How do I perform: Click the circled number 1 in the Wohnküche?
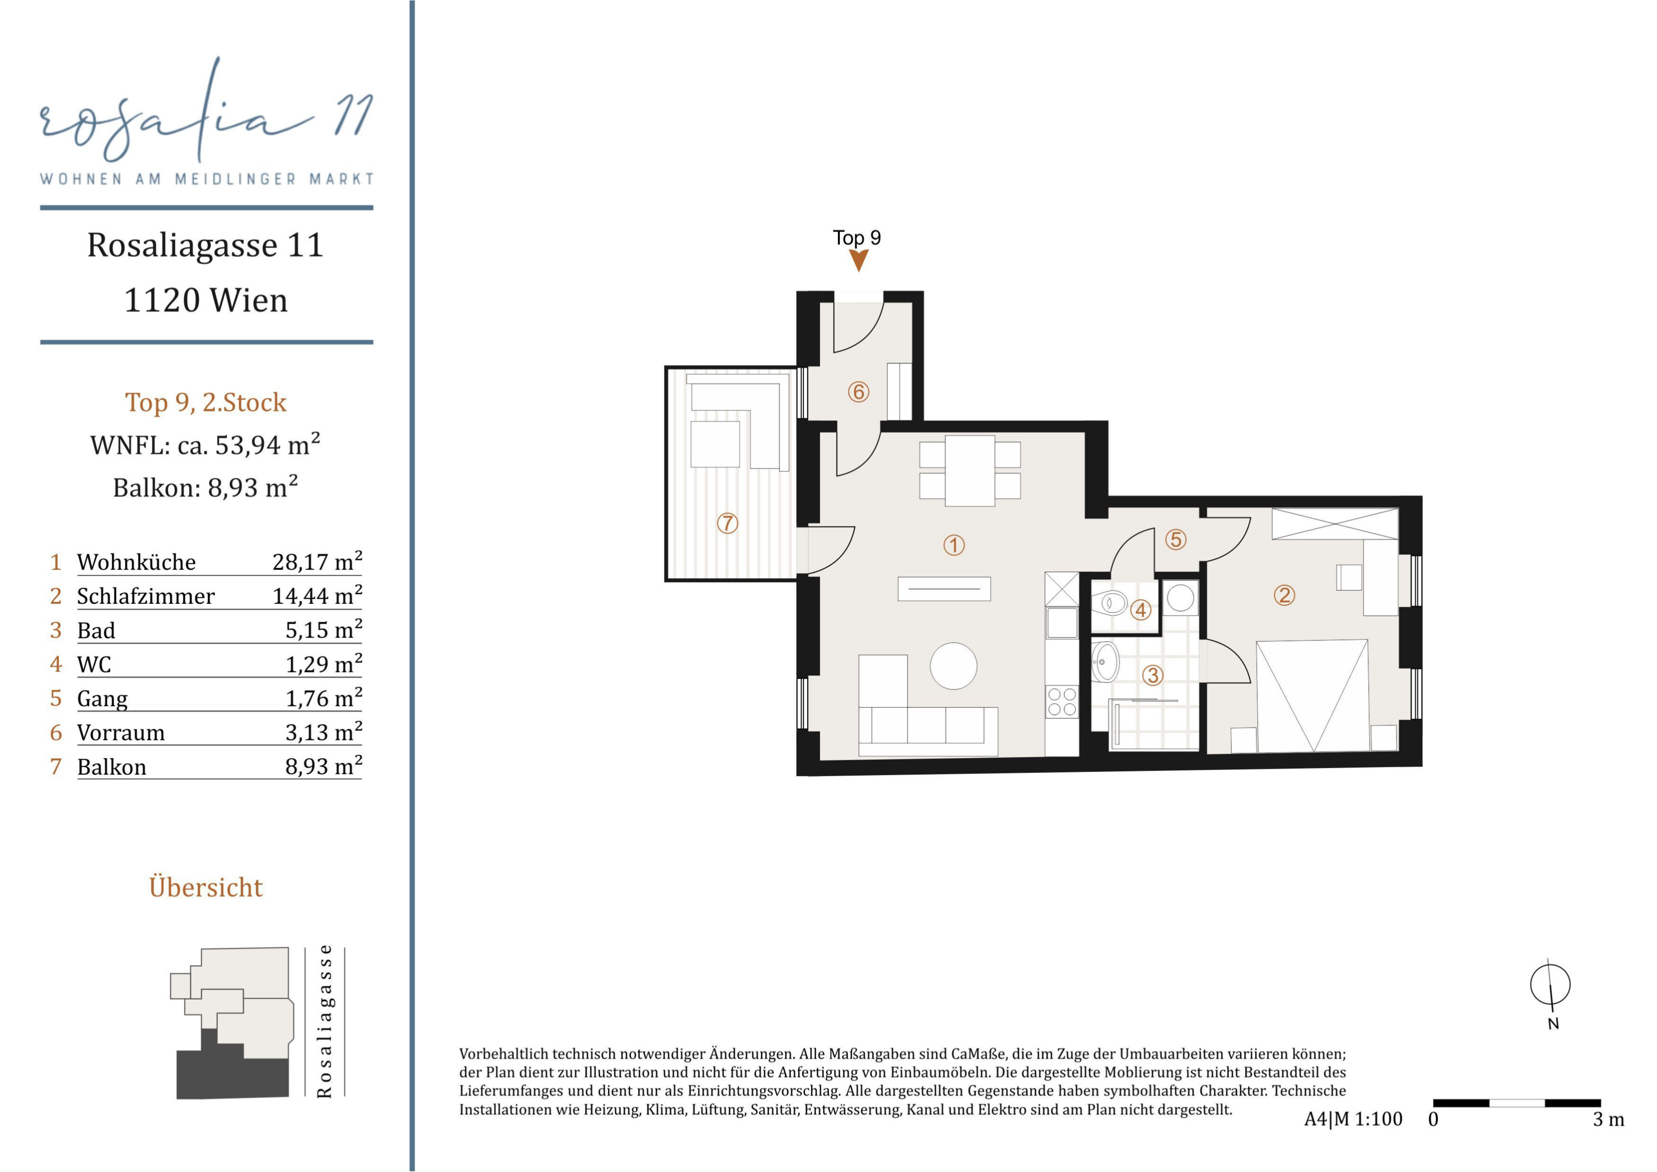pyautogui.click(x=954, y=545)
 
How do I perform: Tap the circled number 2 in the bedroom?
pyautogui.click(x=1284, y=595)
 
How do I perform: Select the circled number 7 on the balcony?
pyautogui.click(x=728, y=523)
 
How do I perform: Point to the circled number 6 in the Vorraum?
pyautogui.click(x=858, y=392)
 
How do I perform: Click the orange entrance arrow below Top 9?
pyautogui.click(x=858, y=260)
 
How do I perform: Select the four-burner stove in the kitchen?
pyautogui.click(x=1061, y=701)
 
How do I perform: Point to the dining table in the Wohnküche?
pyautogui.click(x=970, y=471)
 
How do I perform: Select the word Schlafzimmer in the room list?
pyautogui.click(x=146, y=596)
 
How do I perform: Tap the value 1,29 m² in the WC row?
pyautogui.click(x=323, y=663)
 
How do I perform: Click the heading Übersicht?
pyautogui.click(x=205, y=887)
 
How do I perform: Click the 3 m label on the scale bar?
pyautogui.click(x=1609, y=1119)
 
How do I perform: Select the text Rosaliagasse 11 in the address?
pyautogui.click(x=205, y=245)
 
